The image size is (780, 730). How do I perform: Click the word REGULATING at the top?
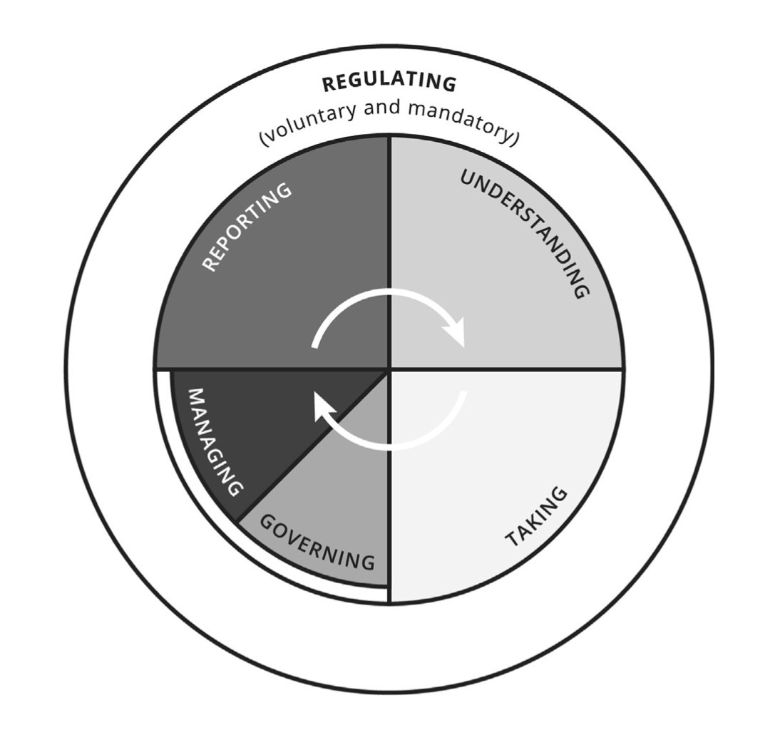pyautogui.click(x=389, y=83)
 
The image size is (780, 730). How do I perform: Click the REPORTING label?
pyautogui.click(x=247, y=226)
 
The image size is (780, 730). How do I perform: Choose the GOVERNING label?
pyautogui.click(x=317, y=541)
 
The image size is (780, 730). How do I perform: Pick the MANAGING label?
pyautogui.click(x=215, y=442)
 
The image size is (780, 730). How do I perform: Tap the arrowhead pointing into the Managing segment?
pyautogui.click(x=325, y=409)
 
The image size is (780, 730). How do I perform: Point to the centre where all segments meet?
pyautogui.click(x=389, y=369)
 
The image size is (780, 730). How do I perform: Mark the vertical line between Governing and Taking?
pyautogui.click(x=389, y=499)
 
